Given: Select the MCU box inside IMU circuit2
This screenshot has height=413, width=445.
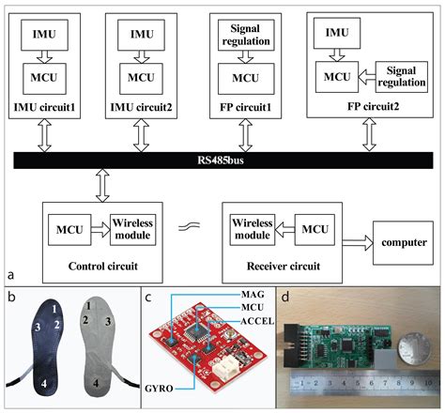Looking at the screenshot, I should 140,76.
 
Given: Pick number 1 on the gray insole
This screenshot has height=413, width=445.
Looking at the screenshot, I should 84,307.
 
